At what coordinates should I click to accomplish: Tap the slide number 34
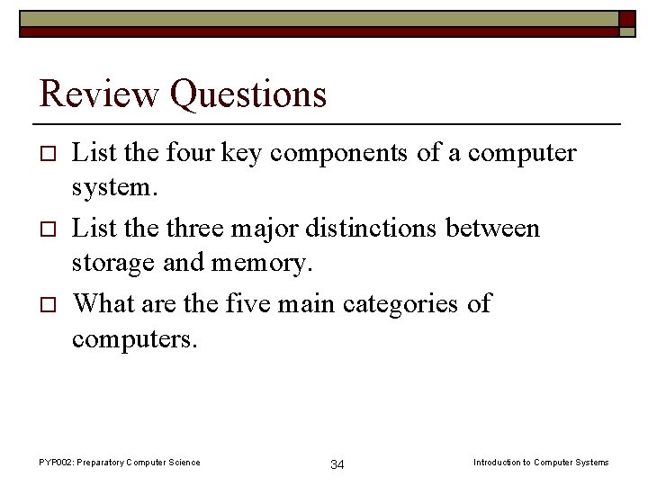[x=337, y=464]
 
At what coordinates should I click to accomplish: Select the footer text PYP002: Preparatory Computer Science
[x=120, y=463]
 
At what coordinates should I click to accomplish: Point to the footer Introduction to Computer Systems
[x=541, y=463]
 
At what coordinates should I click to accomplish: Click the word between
[x=499, y=229]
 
